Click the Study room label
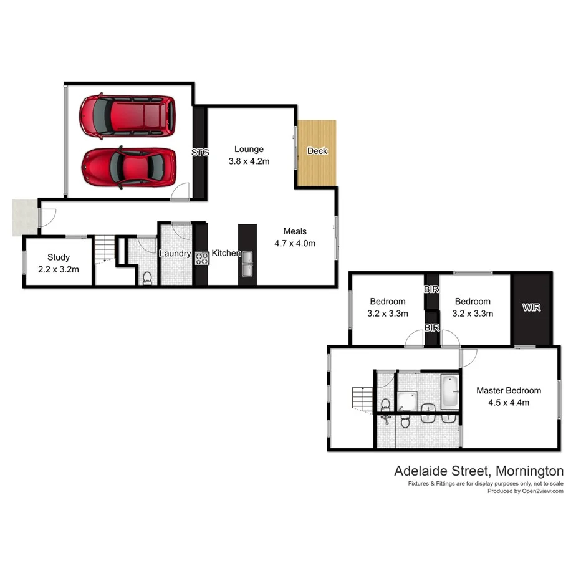[58, 257]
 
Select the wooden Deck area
[317, 152]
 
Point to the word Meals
[295, 232]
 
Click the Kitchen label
[226, 253]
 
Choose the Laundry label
[175, 253]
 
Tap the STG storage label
[200, 152]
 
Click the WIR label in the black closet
[532, 308]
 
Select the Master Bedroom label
[509, 391]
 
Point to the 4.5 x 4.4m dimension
[509, 402]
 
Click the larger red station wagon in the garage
[127, 115]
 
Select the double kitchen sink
[247, 264]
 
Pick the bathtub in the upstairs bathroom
[450, 391]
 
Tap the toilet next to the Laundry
[148, 278]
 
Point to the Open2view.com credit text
[539, 491]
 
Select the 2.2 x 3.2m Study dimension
[58, 269]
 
